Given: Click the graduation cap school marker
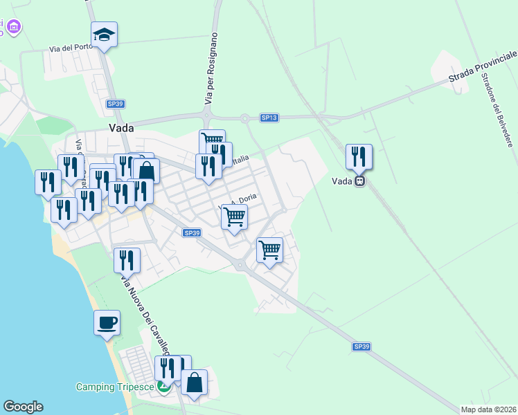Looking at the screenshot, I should (x=104, y=35).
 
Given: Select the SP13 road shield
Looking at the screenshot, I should (x=269, y=118).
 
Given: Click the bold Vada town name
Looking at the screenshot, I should (x=121, y=128).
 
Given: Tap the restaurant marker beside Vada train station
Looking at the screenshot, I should (x=359, y=157).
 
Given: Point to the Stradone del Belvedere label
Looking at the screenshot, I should (x=498, y=110).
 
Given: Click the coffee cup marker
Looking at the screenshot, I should (x=107, y=323).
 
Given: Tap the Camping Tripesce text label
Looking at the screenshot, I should (x=115, y=387).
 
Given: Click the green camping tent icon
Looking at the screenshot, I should (x=163, y=387).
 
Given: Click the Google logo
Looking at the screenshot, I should (x=23, y=407).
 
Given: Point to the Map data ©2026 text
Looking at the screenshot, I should (x=488, y=409).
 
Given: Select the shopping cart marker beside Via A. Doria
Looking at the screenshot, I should (x=234, y=217).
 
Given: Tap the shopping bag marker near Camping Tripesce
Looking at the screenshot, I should (x=194, y=382).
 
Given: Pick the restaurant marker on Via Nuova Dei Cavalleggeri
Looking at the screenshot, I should (x=127, y=261).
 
